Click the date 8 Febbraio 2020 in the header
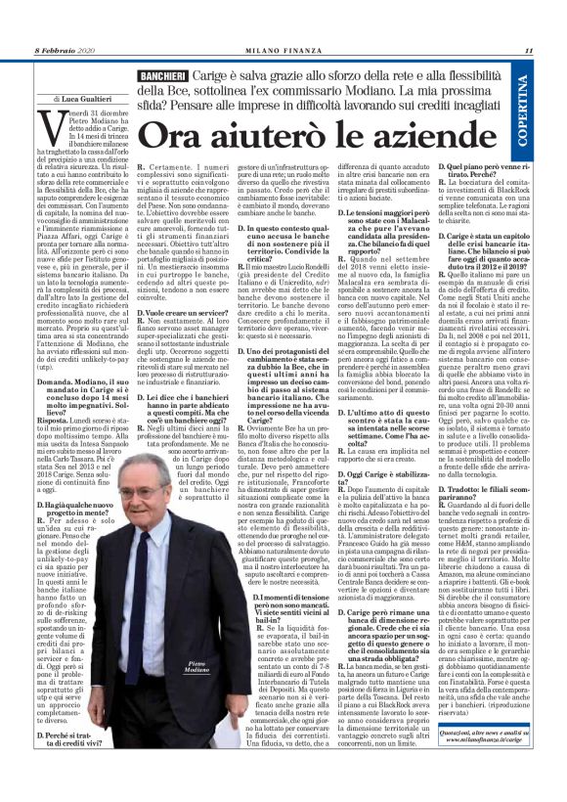pyautogui.click(x=65, y=51)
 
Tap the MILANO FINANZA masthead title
pyautogui.click(x=283, y=51)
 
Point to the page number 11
pyautogui.click(x=529, y=51)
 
